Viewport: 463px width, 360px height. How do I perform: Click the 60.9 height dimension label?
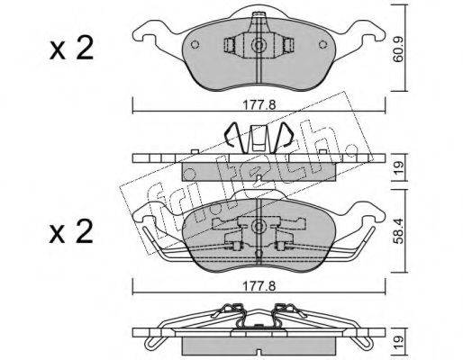point(398,49)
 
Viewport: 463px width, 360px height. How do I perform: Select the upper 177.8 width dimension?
point(259,105)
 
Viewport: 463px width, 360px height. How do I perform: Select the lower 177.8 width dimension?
point(259,286)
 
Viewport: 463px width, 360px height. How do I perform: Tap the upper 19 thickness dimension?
point(398,168)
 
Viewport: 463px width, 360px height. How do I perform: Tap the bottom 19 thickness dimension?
point(398,343)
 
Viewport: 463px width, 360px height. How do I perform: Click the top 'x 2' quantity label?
point(71,49)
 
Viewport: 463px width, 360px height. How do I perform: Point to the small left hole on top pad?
point(195,44)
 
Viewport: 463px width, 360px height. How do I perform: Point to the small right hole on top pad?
point(322,44)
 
